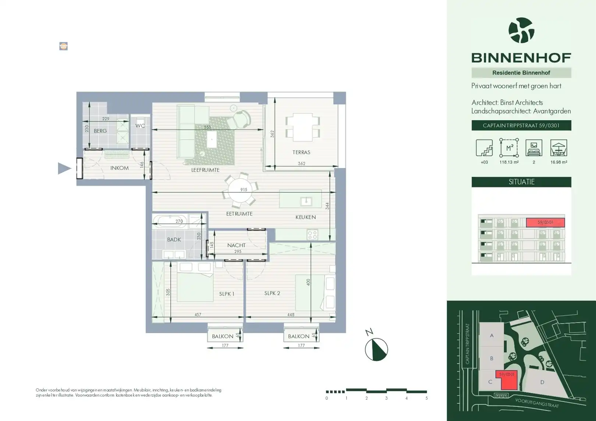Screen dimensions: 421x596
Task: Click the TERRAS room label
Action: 301,152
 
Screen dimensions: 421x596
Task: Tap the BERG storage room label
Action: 100,131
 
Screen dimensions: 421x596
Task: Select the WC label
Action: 140,126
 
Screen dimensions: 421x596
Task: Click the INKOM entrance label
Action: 119,168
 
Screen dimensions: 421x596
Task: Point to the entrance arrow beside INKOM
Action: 64,168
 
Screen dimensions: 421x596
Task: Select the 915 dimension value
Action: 244,190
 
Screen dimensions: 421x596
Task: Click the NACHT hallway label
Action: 236,245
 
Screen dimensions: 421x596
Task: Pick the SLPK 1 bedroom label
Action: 227,294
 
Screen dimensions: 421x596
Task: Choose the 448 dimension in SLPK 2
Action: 291,315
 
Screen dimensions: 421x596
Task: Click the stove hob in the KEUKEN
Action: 312,234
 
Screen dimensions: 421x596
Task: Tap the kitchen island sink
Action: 306,201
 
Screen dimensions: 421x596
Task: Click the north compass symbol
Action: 376,349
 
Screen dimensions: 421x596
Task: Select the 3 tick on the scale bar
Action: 386,398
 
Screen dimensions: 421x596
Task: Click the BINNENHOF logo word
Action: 521,58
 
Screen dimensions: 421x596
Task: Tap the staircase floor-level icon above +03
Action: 484,148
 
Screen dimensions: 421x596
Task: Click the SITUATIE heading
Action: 521,182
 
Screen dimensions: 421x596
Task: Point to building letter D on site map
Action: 542,382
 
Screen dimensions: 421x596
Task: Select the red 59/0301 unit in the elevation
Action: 545,222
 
